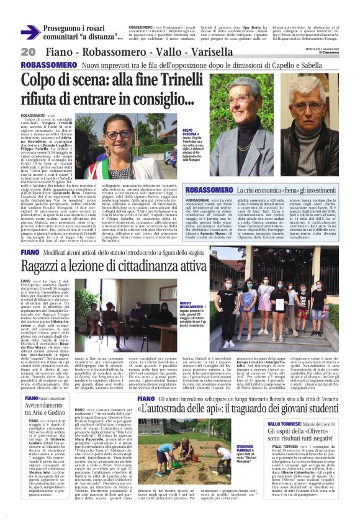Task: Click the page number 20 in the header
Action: (27, 52)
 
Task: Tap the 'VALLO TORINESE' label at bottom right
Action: (290, 380)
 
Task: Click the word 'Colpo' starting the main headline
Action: (46, 81)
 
